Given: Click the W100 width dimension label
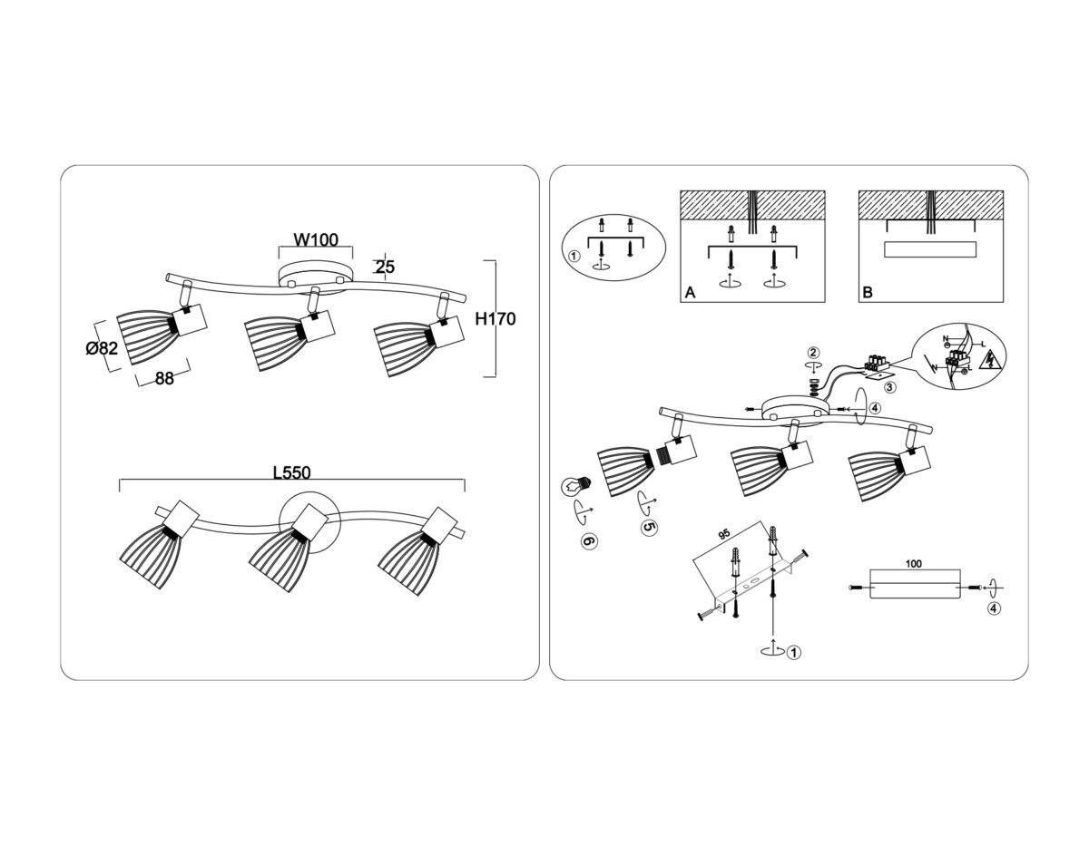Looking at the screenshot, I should pos(315,240).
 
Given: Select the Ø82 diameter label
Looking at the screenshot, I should pos(101,348).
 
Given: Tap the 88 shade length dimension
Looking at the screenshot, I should pos(163,380).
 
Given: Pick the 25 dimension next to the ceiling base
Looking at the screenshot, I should pos(384,267).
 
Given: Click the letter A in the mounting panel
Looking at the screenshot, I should pos(690,293).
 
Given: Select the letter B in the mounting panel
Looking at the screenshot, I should pos(868,293).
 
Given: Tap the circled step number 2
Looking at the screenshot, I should pos(814,353).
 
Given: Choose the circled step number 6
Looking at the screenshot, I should pos(588,540).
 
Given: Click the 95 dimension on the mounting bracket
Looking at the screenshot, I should pos(724,535).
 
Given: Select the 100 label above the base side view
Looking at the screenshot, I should pos(914,564).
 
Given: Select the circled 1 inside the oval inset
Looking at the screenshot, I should pos(574,256).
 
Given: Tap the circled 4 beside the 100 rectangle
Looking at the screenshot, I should pos(996,608).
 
